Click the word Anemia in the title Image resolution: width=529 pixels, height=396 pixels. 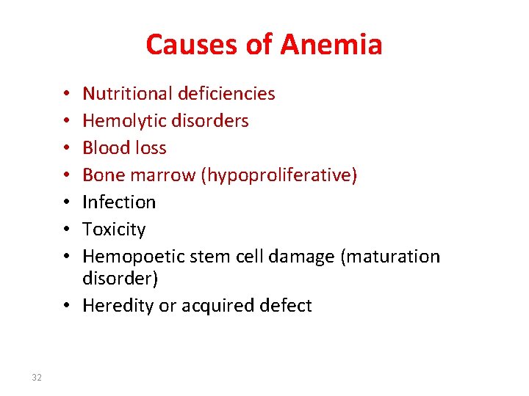331,45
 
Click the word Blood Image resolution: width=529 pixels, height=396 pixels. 104,148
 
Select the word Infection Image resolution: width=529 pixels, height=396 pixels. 119,202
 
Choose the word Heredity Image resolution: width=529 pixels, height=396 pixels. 117,306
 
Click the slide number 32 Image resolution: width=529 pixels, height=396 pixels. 36,378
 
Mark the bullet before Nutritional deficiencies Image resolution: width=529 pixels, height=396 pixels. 67,95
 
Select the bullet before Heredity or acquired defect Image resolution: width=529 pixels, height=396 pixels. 67,307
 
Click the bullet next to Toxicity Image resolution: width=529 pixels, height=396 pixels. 67,230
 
